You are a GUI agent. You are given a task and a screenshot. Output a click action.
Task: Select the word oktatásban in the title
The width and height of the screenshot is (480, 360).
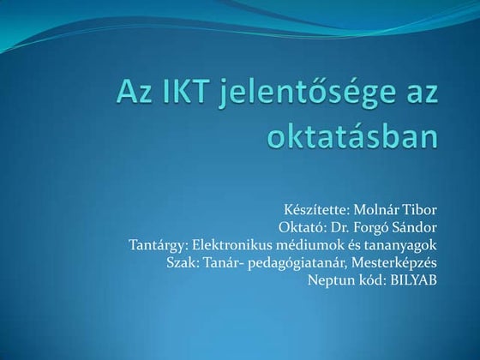[364, 135]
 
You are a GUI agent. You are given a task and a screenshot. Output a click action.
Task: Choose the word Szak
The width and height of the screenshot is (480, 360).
[182, 262]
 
